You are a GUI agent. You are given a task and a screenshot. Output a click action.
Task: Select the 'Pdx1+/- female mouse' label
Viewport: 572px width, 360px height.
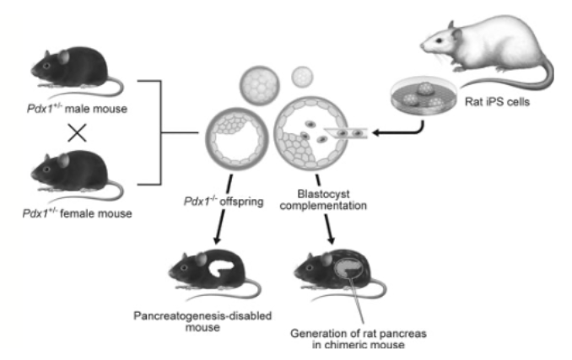77,212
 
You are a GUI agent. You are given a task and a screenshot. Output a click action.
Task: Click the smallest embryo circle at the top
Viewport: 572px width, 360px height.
301,78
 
